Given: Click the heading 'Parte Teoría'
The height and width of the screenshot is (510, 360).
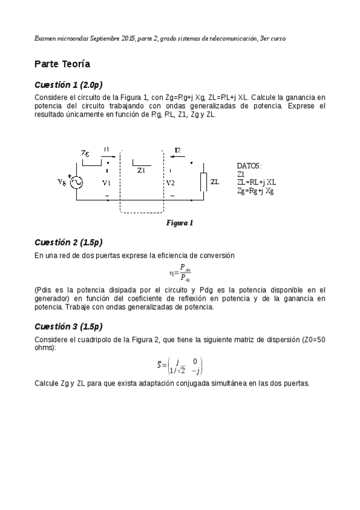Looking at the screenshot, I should point(63,64).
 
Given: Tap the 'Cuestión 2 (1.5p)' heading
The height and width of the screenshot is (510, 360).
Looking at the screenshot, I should point(69,242).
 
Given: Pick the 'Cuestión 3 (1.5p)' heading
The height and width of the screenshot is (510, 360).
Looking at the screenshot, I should point(69,327).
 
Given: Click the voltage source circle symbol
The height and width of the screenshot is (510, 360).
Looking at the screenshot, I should point(77,182).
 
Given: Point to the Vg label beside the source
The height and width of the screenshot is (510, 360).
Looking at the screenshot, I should point(61,182).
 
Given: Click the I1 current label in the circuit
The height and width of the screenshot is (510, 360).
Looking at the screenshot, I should point(106,149).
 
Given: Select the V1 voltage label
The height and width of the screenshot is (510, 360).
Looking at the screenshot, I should point(106,182).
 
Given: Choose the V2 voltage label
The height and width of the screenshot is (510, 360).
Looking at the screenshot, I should point(171,182).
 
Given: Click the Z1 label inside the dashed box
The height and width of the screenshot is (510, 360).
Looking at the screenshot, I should point(141,171).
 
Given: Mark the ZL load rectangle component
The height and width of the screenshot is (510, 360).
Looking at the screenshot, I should point(204,182).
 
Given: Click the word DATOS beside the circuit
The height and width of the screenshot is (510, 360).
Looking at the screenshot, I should point(249,165).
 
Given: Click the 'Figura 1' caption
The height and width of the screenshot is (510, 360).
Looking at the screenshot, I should point(179,223).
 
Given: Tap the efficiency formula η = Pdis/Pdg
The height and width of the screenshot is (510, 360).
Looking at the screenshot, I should point(180,273).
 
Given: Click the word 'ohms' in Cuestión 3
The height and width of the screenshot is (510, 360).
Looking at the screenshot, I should point(44,348).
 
